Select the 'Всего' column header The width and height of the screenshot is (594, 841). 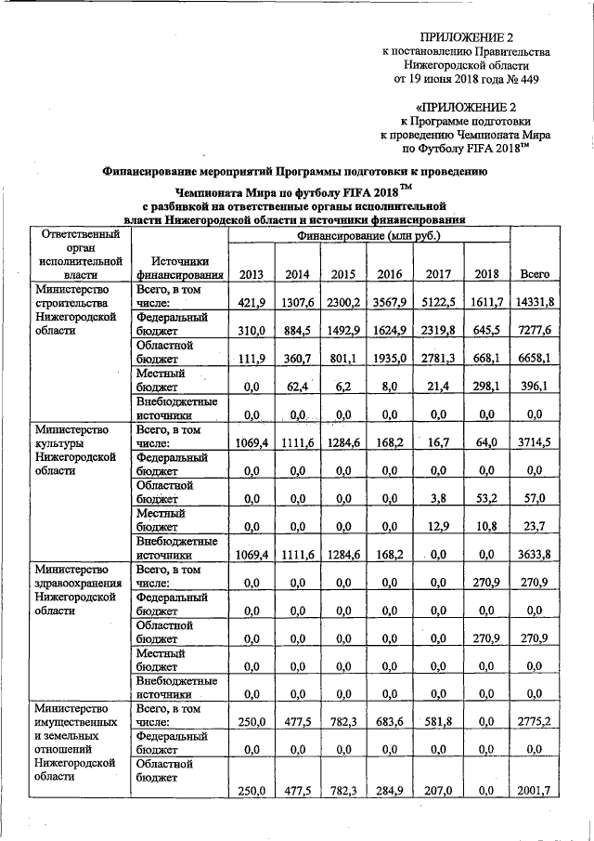[536, 274]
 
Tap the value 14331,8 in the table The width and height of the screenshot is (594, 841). [536, 303]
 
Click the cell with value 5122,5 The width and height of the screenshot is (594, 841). [438, 303]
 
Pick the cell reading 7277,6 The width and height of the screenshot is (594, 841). [536, 332]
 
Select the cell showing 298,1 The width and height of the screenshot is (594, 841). [486, 388]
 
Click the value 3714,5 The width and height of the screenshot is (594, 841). [536, 443]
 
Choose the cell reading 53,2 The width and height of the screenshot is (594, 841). [486, 499]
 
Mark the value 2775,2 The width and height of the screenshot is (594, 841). [536, 722]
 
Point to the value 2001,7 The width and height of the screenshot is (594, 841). [536, 791]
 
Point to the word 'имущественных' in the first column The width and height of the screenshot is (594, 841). [75, 722]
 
